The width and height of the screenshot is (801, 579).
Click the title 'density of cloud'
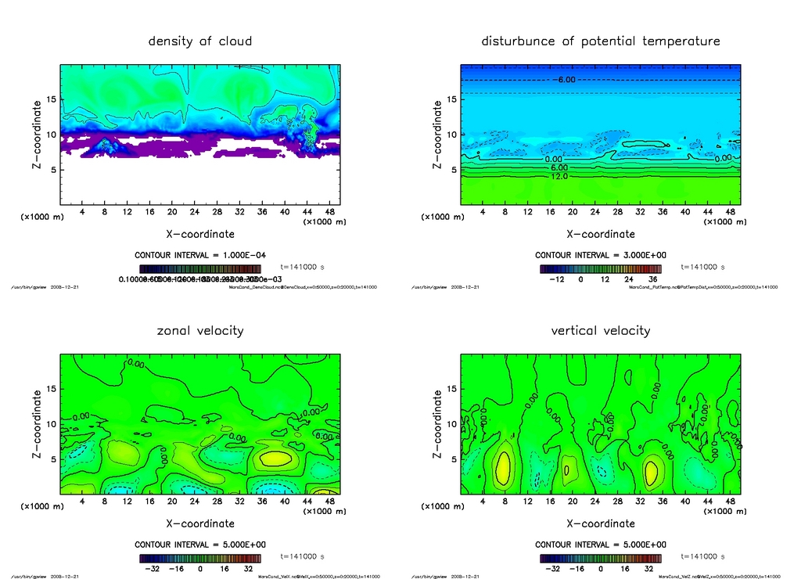point(200,41)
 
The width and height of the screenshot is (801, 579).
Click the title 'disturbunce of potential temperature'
point(601,41)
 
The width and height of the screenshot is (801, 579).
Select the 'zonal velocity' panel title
point(200,330)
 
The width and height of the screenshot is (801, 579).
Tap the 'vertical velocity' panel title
point(601,330)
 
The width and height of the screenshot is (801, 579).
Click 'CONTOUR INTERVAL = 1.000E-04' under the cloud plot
point(200,255)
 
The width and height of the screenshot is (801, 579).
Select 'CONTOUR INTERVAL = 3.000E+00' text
point(601,255)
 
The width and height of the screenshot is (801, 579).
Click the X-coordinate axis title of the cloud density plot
point(200,234)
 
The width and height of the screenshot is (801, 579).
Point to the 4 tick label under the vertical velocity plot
point(483,501)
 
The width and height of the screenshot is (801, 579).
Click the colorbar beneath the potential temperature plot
point(601,268)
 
